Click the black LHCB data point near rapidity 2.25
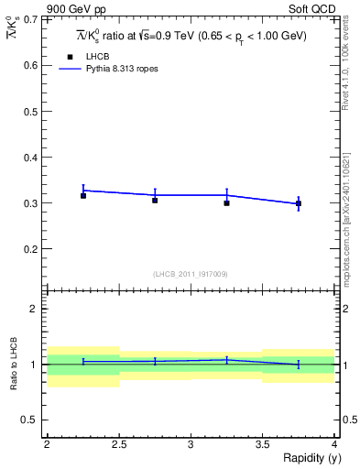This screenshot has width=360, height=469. tap(83, 195)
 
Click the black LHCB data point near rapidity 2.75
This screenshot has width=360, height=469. tap(155, 200)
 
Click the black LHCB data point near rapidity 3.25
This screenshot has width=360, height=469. tap(226, 202)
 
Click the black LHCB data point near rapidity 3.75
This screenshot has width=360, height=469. tap(298, 203)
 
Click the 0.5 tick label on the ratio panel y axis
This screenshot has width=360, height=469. tap(31, 420)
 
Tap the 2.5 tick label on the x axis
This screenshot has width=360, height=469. tap(118, 445)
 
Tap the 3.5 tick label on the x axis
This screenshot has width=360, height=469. tap(262, 445)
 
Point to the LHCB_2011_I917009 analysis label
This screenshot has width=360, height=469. tap(190, 274)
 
